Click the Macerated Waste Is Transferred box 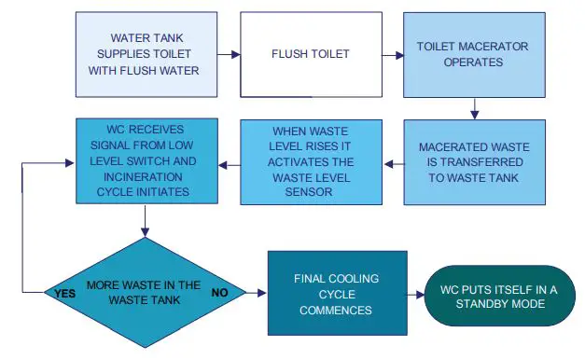coord(473,162)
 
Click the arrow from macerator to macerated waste coord(475,108)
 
